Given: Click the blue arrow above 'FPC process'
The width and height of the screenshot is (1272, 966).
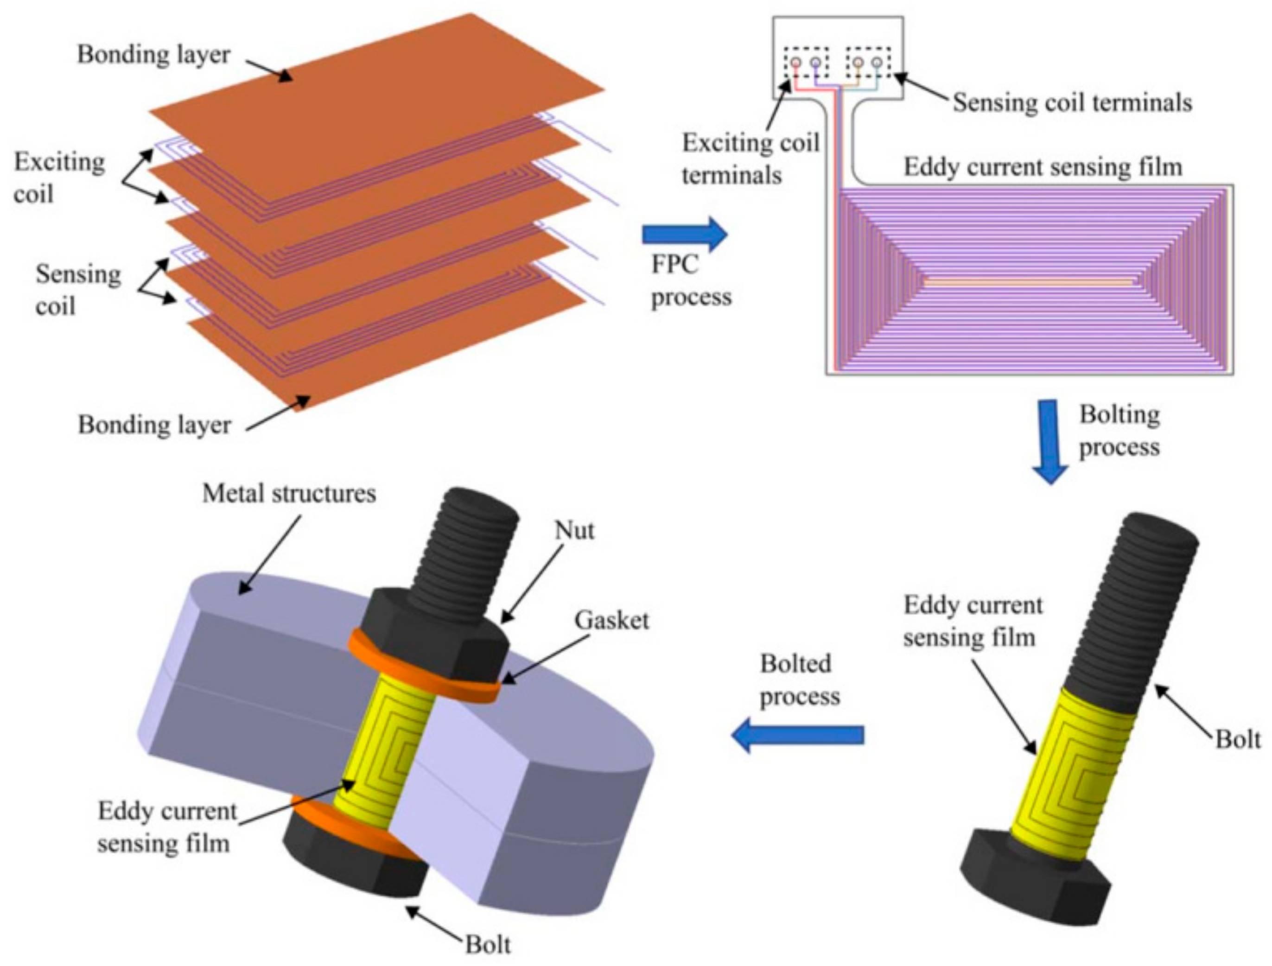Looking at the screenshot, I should tap(684, 234).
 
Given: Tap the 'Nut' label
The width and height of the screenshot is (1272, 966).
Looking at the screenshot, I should tap(574, 530).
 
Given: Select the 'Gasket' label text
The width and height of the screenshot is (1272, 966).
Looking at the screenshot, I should tap(611, 620).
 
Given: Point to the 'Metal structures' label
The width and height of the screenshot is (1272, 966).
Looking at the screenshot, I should tap(289, 493).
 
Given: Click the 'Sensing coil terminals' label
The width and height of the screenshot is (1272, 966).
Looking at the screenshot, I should tap(1073, 102).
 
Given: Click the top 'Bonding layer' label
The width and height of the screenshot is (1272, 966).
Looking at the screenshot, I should tap(153, 55).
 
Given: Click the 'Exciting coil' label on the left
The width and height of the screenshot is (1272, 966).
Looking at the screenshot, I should tap(59, 178).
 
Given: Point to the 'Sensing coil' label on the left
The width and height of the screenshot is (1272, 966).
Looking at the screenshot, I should tap(77, 290).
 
